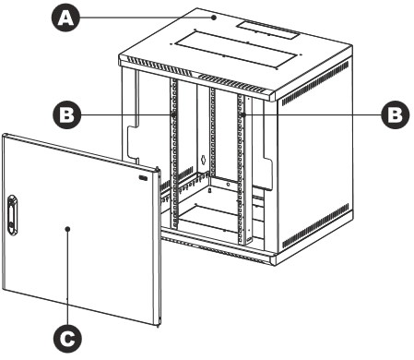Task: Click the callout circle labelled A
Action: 66,18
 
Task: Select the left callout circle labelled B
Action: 67,114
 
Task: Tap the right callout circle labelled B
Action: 396,114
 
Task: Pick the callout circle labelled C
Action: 67,339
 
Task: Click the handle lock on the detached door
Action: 12,215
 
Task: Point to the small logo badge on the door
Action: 144,177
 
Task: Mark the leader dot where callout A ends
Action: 214,18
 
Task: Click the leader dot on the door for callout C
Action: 68,229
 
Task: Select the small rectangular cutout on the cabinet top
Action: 267,30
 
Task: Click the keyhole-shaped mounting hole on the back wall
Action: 203,160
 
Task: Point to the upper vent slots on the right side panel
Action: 315,83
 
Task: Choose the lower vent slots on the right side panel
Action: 315,225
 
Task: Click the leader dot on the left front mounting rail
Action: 173,114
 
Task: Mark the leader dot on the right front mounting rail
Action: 242,114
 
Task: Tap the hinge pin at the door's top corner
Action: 158,170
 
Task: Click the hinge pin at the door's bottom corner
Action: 158,324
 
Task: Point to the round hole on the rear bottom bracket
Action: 228,185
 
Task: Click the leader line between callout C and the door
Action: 68,277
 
